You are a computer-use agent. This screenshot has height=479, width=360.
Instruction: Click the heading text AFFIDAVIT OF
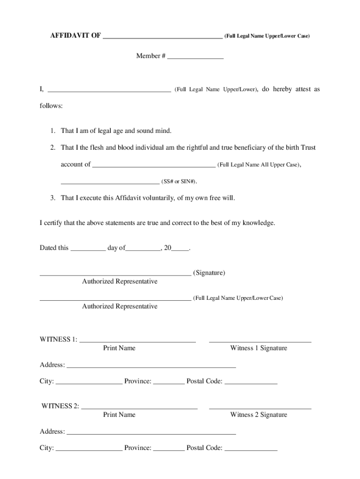coord(75,36)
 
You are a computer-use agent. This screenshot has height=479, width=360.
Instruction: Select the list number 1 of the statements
coord(53,131)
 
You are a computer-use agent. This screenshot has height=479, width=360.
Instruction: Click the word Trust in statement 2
coord(308,147)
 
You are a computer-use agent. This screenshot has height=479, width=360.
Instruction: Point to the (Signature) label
coord(209,273)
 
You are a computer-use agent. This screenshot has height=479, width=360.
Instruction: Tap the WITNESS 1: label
coord(58,339)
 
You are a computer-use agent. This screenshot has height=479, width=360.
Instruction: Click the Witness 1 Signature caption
coord(259,348)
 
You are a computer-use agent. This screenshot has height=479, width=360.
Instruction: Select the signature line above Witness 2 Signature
coord(260,408)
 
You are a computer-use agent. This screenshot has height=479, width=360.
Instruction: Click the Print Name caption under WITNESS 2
coord(119,414)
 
